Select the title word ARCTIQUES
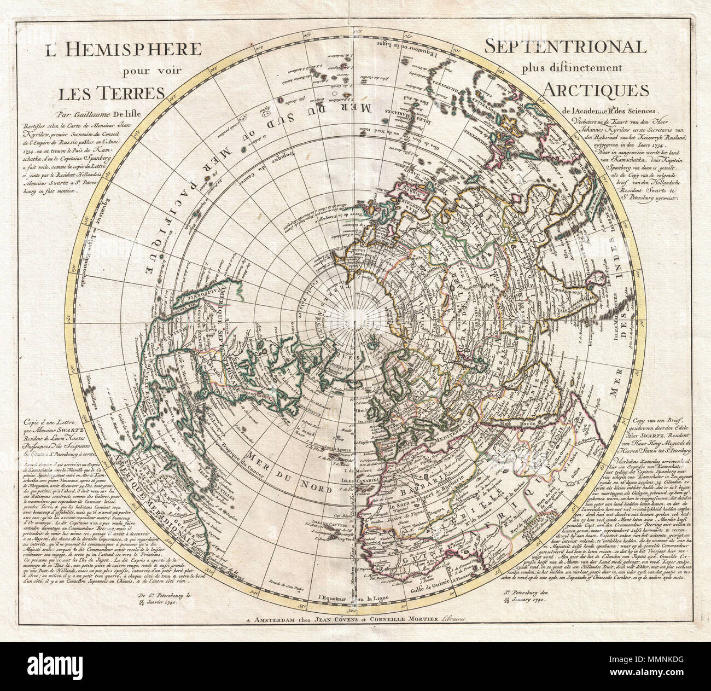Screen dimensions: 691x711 (596, 89)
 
